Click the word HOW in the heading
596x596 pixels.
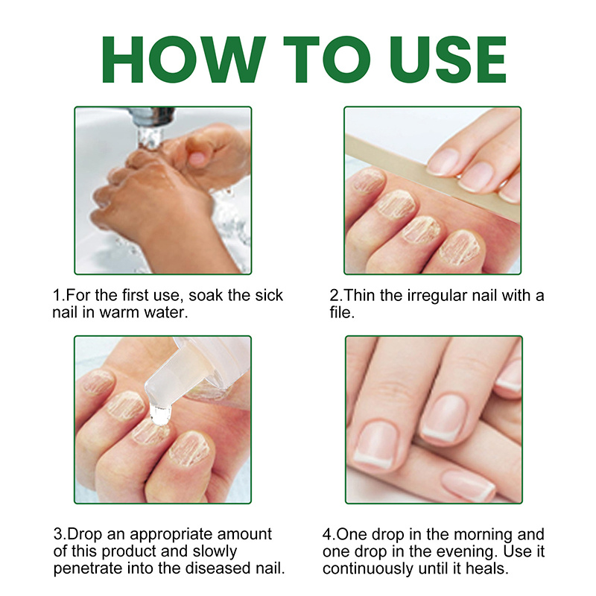point(183,60)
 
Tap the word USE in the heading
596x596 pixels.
point(448,60)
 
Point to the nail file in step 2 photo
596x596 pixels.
point(432,177)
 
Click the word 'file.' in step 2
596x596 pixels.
point(342,312)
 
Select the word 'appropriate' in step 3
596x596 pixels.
point(171,534)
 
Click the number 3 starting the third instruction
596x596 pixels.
point(58,534)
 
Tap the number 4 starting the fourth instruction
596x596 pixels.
point(328,534)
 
